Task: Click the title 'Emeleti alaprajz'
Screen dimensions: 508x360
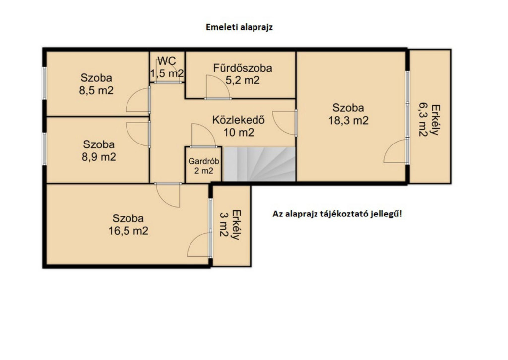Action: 239,27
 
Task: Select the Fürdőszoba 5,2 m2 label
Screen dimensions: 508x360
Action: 242,74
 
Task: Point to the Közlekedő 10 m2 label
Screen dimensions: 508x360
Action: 239,126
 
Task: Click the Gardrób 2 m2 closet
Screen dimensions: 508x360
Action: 203,166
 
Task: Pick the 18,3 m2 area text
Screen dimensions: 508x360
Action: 348,120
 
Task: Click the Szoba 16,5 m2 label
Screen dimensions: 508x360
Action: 128,224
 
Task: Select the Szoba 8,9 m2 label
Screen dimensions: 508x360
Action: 99,150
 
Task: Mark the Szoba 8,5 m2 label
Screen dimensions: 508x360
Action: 96,84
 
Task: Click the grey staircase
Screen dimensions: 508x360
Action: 259,164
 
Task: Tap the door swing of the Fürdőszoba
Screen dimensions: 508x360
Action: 218,87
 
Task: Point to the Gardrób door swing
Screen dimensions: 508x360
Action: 203,135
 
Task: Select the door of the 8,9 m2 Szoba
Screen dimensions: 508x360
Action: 138,135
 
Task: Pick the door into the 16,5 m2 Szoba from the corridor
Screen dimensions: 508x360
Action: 168,195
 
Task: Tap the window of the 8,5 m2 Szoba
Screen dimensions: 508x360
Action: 44,83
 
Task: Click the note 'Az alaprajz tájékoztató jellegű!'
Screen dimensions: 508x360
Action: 337,214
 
